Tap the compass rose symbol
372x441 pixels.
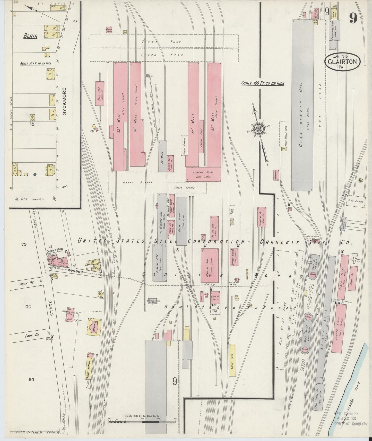(x=258, y=130)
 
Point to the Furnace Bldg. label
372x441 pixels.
(x=203, y=172)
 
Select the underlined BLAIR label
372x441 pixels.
(x=30, y=36)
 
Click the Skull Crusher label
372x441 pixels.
(x=355, y=202)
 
